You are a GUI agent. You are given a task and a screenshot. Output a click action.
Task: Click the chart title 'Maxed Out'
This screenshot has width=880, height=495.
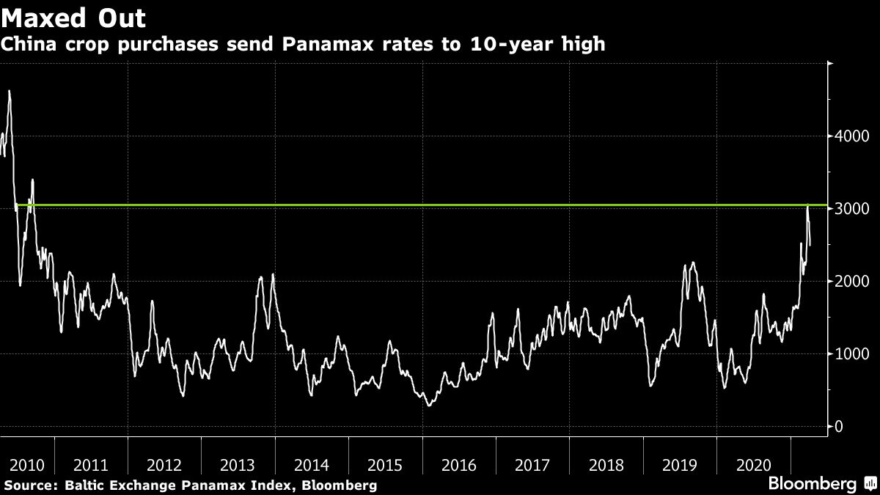click(73, 18)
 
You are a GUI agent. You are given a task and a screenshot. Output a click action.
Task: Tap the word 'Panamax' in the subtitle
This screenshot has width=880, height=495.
click(331, 45)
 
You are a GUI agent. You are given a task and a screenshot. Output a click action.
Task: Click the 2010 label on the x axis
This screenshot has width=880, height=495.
click(26, 465)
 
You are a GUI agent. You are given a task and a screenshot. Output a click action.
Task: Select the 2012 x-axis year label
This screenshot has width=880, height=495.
click(164, 465)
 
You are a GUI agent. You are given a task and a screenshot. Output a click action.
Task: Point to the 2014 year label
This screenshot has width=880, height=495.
click(312, 465)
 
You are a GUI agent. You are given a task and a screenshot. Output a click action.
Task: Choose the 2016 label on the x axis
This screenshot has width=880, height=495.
click(459, 465)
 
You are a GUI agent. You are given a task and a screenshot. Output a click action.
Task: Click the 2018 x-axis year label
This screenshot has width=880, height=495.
click(606, 465)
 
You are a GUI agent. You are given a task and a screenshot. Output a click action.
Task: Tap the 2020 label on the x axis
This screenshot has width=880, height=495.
click(754, 465)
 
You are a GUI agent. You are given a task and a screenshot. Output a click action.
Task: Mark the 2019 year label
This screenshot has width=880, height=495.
click(680, 465)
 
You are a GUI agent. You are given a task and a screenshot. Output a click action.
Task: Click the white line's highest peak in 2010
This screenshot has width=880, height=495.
click(9, 91)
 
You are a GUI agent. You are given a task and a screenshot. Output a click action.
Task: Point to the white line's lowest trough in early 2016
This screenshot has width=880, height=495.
click(429, 405)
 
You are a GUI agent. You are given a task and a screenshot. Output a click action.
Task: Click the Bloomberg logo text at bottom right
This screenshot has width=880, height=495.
click(813, 484)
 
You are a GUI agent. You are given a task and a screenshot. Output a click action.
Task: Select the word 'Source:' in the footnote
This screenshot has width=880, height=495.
click(29, 485)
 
